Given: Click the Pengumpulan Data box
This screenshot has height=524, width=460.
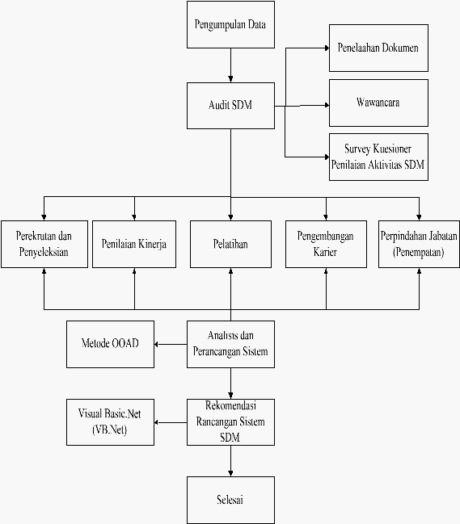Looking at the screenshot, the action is [231, 25].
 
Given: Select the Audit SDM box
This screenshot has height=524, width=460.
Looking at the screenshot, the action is [231, 106].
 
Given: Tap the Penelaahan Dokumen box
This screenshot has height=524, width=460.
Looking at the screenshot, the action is [378, 48].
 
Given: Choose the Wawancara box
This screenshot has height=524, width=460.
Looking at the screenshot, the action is [378, 103].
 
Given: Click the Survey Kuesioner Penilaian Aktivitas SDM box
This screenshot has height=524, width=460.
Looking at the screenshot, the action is [378, 157].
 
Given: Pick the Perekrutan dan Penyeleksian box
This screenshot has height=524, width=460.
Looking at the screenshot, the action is [44, 244].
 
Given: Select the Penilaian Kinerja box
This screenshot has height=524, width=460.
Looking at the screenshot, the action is [134, 244].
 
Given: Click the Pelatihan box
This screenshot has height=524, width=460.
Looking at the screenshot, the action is [231, 244].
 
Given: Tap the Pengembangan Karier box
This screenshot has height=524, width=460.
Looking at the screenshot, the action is [326, 244].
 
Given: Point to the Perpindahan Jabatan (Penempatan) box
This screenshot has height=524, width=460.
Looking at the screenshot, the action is [419, 244].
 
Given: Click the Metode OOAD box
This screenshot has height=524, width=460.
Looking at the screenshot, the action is [111, 344].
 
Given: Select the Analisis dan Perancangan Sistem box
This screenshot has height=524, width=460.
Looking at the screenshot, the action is [231, 344].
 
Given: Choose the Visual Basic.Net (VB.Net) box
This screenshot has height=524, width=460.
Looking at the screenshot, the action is [111, 422].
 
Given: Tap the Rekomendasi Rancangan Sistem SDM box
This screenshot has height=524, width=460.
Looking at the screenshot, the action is [231, 422].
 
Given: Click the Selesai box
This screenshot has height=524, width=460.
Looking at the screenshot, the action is [231, 500].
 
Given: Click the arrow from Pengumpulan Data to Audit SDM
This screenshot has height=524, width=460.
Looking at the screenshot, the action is [231, 65].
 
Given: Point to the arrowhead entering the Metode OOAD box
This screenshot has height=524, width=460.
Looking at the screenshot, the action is [156, 344].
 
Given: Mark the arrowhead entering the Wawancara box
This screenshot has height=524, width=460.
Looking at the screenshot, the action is [327, 105].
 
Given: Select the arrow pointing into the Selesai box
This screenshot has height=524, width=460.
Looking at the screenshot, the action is [231, 461].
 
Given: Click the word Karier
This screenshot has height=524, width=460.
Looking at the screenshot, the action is [325, 252].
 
